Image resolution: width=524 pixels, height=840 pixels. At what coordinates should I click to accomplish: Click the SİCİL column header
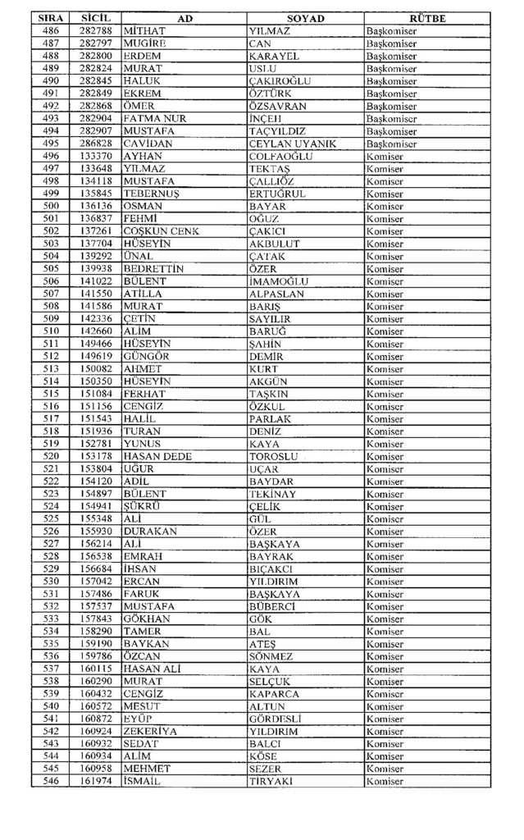click(96, 18)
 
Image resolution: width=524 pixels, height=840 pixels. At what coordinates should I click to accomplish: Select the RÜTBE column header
click(427, 18)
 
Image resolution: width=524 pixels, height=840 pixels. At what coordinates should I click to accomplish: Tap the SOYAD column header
click(306, 18)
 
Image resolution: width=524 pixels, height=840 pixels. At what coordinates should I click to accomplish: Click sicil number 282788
click(96, 31)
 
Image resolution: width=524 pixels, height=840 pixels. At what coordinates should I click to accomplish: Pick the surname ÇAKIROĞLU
click(280, 81)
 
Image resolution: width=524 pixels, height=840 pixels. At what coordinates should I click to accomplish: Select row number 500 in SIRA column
click(51, 206)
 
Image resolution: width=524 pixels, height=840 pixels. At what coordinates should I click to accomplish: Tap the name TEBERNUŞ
click(148, 194)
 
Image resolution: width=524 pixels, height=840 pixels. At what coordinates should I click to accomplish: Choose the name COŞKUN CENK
click(160, 231)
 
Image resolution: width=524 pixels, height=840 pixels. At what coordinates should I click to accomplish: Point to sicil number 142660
click(96, 331)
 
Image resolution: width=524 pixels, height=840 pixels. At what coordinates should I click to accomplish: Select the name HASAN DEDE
click(157, 456)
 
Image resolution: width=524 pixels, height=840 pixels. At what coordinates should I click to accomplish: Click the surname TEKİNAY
click(276, 494)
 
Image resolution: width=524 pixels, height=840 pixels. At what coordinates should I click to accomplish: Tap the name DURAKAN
click(148, 532)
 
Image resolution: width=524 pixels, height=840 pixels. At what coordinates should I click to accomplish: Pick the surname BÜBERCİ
click(272, 606)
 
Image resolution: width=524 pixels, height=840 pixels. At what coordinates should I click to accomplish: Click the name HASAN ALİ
click(151, 669)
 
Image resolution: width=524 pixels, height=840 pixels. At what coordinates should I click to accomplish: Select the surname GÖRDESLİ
click(276, 719)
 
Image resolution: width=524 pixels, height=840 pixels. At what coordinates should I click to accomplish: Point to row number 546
click(51, 781)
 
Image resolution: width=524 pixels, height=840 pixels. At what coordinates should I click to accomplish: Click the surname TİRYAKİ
click(271, 781)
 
